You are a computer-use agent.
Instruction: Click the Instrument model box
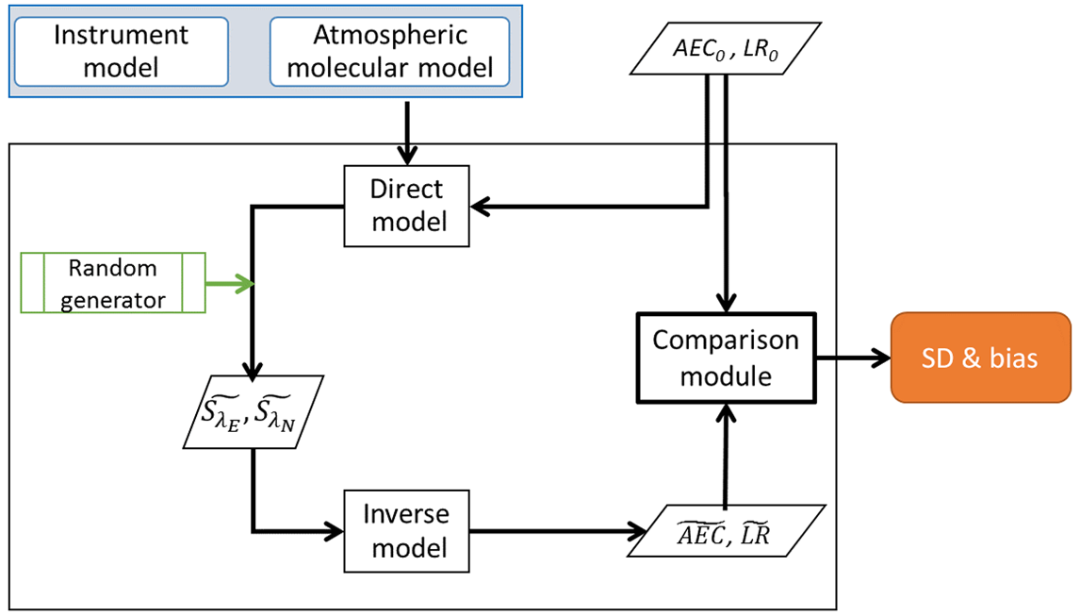[x=121, y=51]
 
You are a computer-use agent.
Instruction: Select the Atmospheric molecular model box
[x=390, y=51]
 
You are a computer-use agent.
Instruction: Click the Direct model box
[x=406, y=206]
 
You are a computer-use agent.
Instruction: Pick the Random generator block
[x=112, y=283]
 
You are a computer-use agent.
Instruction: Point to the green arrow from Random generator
[x=230, y=283]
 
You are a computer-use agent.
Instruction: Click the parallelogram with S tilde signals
[x=252, y=413]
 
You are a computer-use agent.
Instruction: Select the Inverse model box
[x=406, y=530]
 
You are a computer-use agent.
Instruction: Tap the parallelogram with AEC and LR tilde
[x=724, y=531]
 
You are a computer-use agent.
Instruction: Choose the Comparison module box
[x=726, y=358]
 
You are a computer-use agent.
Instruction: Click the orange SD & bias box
[x=979, y=358]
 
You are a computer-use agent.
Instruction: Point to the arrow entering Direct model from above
[x=406, y=132]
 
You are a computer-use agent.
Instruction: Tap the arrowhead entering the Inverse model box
[x=335, y=530]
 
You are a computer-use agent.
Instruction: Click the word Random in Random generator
[x=112, y=268]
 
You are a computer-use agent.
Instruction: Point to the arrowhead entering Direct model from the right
[x=480, y=205]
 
